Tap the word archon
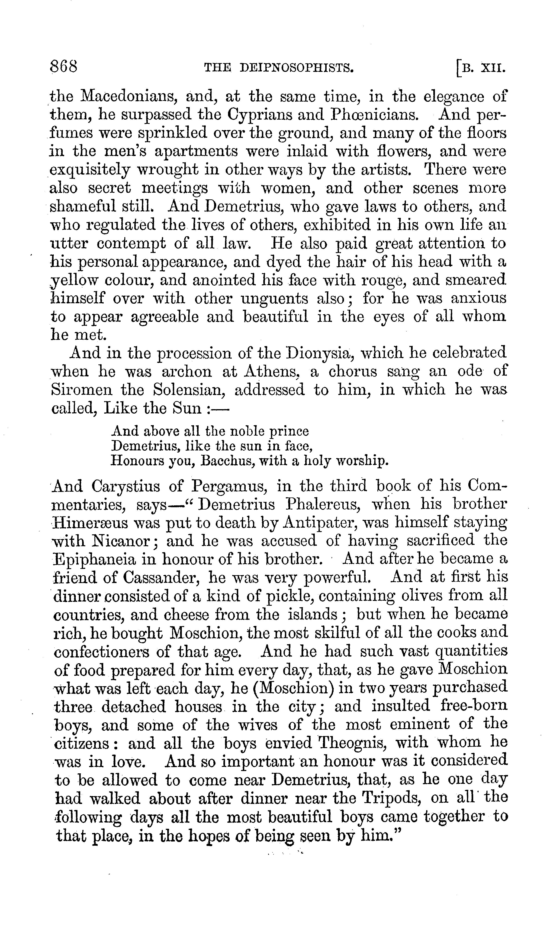[x=187, y=371]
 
